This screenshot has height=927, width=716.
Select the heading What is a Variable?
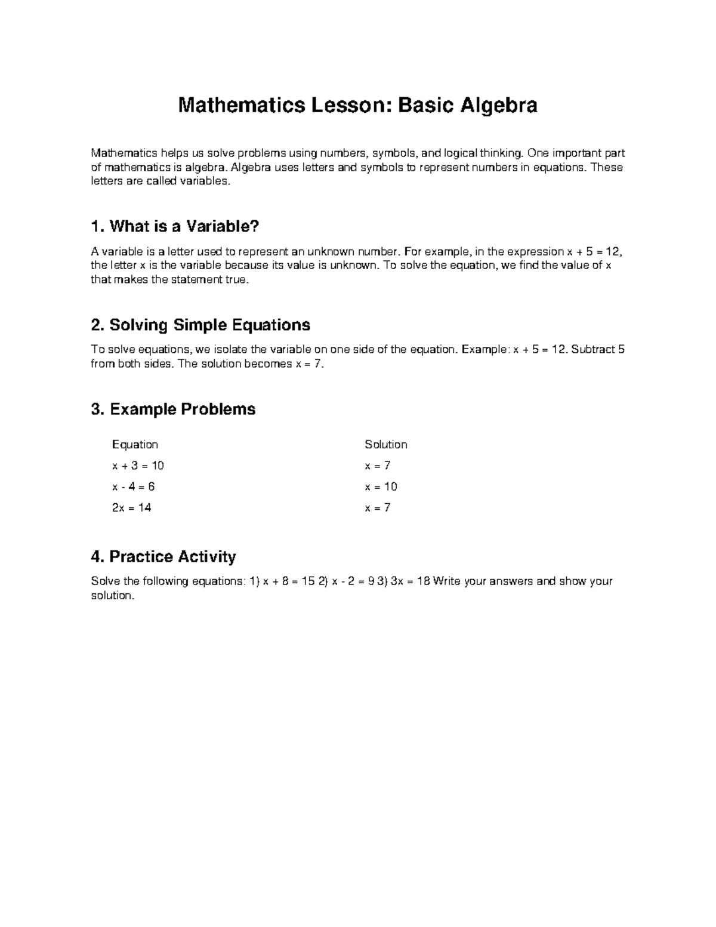[x=175, y=227]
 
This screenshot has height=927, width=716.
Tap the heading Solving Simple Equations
[x=200, y=325]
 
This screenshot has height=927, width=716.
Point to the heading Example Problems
[x=173, y=409]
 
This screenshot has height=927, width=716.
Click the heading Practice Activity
[x=163, y=557]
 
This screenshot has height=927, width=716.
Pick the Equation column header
[x=135, y=445]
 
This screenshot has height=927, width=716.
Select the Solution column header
[x=386, y=445]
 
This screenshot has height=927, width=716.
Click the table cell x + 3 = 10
[x=138, y=466]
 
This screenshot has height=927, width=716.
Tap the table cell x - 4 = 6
[x=133, y=486]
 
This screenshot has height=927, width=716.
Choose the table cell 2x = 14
[x=131, y=508]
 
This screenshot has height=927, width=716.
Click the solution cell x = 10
[x=381, y=486]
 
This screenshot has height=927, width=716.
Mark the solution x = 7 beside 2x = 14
[x=378, y=508]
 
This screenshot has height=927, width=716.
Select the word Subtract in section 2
[x=593, y=350]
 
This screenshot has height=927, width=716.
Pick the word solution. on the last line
[x=113, y=596]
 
